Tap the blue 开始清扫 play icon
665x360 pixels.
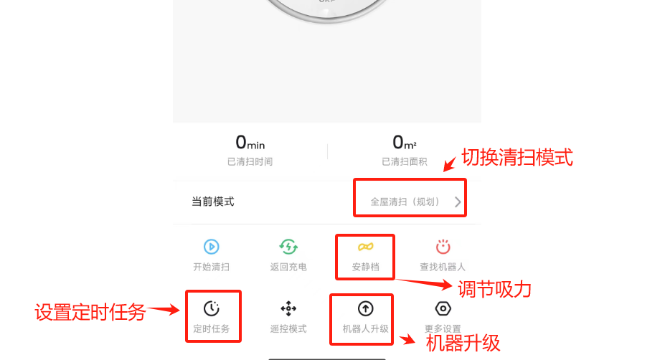211,247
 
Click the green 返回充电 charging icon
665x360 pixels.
288,247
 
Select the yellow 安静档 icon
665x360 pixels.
365,247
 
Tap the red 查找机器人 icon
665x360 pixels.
443,247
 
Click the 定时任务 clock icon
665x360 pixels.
211,308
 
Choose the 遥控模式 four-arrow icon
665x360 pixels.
288,308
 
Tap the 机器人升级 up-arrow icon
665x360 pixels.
365,308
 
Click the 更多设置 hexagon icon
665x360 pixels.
443,308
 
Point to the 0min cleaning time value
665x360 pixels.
250,143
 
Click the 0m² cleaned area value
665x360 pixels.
404,143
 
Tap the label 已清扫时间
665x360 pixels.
250,161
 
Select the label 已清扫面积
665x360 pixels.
404,161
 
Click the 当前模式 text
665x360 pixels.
213,202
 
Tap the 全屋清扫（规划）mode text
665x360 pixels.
405,202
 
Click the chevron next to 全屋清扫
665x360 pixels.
458,202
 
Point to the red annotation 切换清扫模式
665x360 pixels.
517,157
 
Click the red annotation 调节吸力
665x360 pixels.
494,290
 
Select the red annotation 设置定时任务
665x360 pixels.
90,313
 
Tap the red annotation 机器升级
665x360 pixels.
463,343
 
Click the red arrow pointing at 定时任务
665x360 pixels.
164,310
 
